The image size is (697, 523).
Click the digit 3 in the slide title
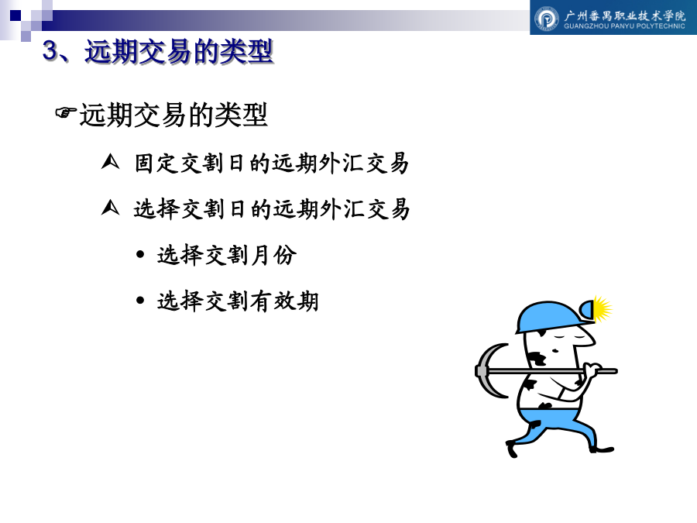coord(50,50)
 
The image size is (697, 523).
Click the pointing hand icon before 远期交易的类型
coord(65,112)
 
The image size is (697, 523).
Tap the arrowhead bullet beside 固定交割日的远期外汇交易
coord(110,162)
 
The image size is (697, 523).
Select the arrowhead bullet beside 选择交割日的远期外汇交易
coord(110,207)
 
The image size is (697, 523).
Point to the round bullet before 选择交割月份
coord(140,254)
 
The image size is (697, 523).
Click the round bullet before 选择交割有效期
coord(140,300)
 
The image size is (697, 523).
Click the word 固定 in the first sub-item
coord(156,163)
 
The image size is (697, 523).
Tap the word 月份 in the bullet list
coord(273,255)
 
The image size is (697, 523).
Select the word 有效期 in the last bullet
coord(284,301)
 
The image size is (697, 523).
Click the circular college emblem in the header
coord(546,19)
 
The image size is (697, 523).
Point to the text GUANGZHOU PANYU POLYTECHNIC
coord(624,26)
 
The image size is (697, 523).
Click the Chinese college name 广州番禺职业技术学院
coord(624,15)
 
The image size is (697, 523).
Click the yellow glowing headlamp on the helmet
coord(599,308)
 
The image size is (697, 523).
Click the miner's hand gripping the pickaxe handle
coord(592,370)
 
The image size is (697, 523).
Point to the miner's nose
coord(590,340)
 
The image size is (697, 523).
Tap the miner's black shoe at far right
coord(602,449)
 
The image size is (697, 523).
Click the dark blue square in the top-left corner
coord(15,15)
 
